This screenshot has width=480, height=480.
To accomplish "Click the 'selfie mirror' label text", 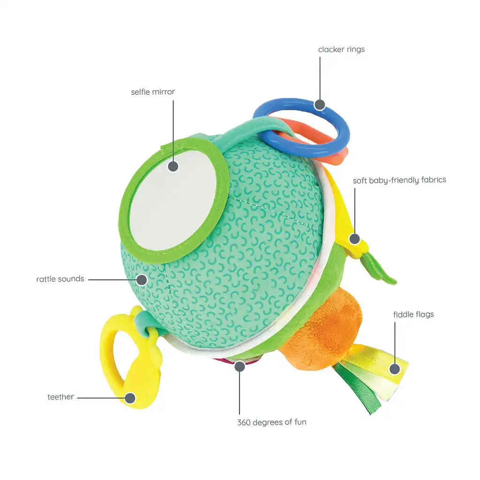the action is pos(153,92).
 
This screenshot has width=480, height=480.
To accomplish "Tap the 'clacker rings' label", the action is pos(341,49).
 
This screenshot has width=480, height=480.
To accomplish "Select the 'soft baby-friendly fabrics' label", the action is pos(399,180).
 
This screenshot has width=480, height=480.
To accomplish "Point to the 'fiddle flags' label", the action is pos(413,315).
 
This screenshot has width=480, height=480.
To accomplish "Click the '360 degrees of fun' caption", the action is pos(272,422).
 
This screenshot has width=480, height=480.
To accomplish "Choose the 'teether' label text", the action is pos(60,397).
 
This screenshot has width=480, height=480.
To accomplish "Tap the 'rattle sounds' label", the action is pos(60,279).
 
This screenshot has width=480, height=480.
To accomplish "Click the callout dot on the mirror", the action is pos(173,166).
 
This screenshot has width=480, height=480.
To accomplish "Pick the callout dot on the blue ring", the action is pos(320,105).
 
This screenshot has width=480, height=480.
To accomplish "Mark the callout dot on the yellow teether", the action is pos(130,398).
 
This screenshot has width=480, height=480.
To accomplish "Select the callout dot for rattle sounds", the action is pos(142,279).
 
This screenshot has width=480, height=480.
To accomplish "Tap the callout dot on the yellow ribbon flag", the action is pos(395,369).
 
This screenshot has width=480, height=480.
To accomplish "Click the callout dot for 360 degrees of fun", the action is pos(240,366).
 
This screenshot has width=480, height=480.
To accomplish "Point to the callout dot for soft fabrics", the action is pos(355,239).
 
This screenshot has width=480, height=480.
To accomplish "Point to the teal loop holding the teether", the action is pos(144,322).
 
